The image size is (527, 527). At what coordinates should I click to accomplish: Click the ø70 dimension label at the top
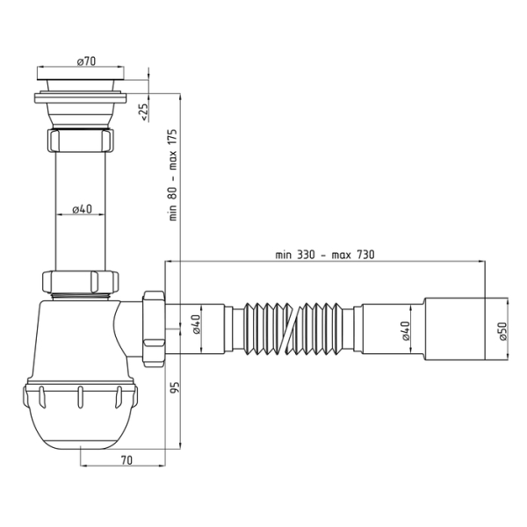85,61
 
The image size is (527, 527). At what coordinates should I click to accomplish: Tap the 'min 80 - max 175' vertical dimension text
174,176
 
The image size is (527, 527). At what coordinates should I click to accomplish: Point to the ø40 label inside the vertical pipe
81,208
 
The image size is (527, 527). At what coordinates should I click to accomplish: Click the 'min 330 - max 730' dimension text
324,255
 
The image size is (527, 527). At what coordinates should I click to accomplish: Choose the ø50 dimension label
502,332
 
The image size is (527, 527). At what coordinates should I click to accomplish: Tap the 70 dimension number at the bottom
126,458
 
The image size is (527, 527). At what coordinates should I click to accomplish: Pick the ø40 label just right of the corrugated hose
405,333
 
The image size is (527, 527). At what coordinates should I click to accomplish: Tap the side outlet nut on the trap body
152,327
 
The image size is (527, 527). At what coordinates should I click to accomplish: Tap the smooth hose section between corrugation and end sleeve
386,331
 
